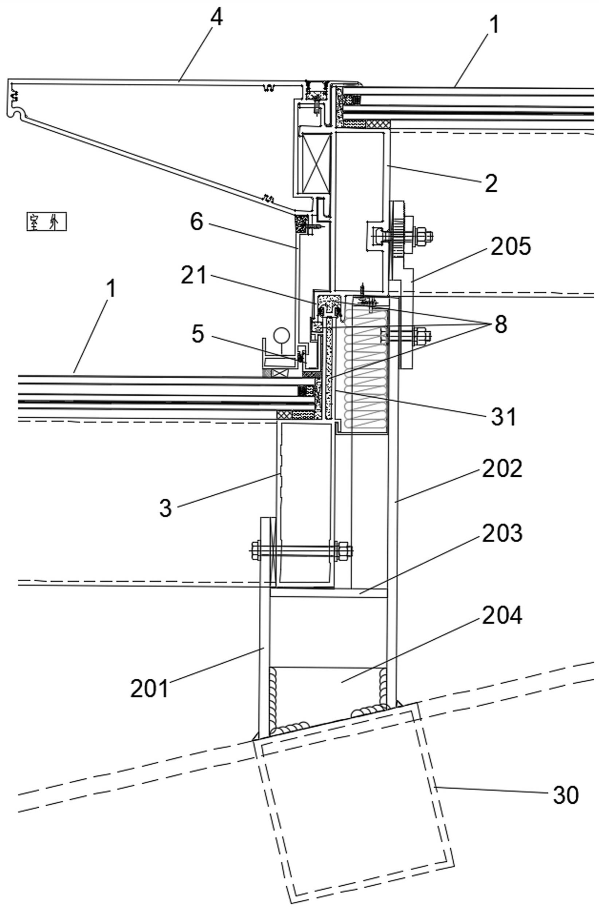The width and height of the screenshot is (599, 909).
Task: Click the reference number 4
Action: pos(216,18)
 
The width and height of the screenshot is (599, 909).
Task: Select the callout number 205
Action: pos(511,247)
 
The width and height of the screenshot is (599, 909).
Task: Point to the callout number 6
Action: pos(196,222)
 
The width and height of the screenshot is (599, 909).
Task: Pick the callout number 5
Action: pos(197,334)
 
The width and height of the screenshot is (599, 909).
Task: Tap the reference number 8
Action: pos(500,324)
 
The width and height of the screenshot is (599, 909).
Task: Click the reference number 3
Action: pos(165,508)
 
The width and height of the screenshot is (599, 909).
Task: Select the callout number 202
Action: pos(502,468)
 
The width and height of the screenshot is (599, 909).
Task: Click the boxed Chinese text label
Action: pos(47,222)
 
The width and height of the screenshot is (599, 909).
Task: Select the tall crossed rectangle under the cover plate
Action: pos(316,163)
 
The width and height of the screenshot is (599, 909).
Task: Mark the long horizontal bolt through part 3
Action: pos(302,551)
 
